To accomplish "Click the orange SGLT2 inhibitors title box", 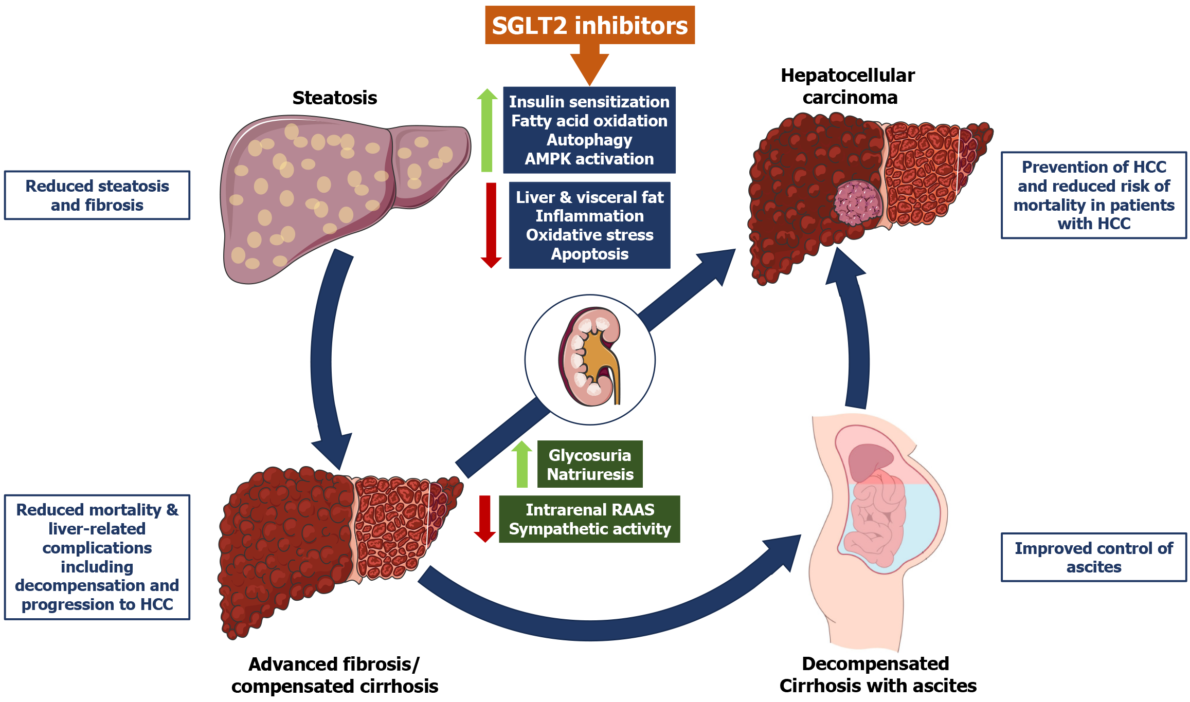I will pyautogui.click(x=589, y=25).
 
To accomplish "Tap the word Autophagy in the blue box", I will pyautogui.click(x=589, y=140).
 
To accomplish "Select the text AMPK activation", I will pyautogui.click(x=589, y=159).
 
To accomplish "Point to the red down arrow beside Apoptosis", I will pyautogui.click(x=491, y=225).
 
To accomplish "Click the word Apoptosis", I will pyautogui.click(x=590, y=254).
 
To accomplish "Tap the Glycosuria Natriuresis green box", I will pyautogui.click(x=590, y=465).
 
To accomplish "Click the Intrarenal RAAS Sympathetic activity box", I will pyautogui.click(x=590, y=519).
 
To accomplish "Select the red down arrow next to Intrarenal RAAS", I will pyautogui.click(x=484, y=518).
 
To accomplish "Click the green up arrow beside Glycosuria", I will pyautogui.click(x=522, y=464).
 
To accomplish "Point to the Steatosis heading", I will pyautogui.click(x=335, y=98).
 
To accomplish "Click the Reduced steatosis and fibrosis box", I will pyautogui.click(x=97, y=195).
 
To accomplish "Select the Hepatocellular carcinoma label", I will pyautogui.click(x=849, y=86).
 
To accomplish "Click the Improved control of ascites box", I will pyautogui.click(x=1093, y=557).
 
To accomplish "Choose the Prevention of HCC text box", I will pyautogui.click(x=1093, y=195).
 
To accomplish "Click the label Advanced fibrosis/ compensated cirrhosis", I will pyautogui.click(x=335, y=675).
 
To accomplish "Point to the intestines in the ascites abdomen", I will pyautogui.click(x=874, y=519).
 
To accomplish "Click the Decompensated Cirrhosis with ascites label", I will pyautogui.click(x=877, y=675).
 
